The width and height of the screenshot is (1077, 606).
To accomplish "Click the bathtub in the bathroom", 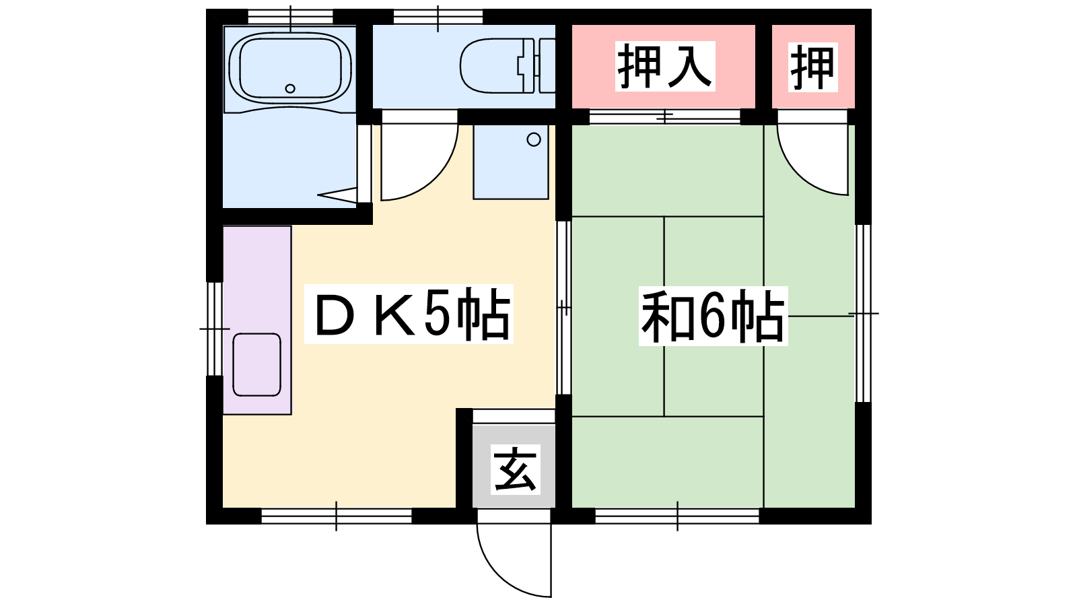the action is pos(290,68).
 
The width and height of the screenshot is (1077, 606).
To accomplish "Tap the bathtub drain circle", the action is pos(290,88).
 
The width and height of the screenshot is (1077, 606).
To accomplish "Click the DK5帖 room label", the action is pos(409,314).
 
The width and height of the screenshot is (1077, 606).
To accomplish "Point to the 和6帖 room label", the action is pos(713,316).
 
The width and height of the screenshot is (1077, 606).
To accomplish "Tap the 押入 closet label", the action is pos(665,66).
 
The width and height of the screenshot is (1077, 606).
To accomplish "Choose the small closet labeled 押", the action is pos(813,67).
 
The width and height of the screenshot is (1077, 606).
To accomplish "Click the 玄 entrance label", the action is pos(516,469).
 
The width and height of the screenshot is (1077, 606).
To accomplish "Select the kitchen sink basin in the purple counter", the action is pos(256,364).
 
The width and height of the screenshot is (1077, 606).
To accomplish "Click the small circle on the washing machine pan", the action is pos(534,139).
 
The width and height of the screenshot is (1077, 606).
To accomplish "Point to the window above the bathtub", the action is pos(290,17).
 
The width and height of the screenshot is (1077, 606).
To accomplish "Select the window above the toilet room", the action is pos(438,17).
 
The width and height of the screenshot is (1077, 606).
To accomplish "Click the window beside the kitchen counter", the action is pos(215,329).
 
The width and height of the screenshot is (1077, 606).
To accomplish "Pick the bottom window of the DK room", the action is pos(336,516).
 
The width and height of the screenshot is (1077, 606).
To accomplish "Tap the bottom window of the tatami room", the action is pos(677,516).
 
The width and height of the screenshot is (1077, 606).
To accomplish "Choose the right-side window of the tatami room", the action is pos(864,313).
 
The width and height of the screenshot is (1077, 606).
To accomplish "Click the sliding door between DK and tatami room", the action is pos(564,307).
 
